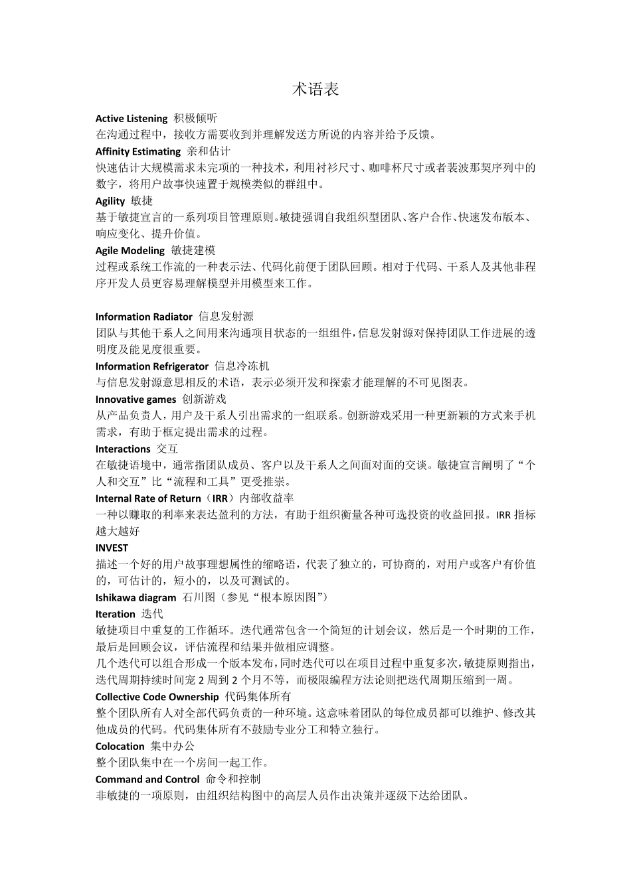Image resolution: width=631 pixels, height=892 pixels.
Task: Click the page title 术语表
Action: click(315, 90)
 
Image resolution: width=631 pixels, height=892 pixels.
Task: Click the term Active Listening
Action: click(132, 119)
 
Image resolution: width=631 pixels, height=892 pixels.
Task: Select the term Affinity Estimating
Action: click(138, 151)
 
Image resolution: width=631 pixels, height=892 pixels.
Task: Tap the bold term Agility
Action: click(110, 201)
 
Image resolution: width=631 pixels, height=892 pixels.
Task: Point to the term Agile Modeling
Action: click(130, 251)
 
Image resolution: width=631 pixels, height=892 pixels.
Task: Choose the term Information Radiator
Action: click(144, 317)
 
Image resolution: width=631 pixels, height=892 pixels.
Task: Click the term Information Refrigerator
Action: click(152, 366)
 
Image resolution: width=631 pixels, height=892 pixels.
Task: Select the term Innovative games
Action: click(136, 400)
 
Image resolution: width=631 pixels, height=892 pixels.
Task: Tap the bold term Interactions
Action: click(123, 449)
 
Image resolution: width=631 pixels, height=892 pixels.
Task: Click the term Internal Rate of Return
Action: click(148, 498)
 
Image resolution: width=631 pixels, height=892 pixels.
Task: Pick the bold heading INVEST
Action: click(112, 548)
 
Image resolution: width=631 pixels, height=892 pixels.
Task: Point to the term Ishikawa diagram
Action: click(135, 597)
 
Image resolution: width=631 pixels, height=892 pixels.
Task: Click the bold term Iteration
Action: click(116, 614)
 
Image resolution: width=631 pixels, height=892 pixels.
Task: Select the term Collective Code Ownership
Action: click(157, 697)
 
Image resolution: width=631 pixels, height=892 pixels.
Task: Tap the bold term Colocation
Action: click(120, 747)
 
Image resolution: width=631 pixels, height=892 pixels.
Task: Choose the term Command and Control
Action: click(147, 779)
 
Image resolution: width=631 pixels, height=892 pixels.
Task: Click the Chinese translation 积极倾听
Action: click(195, 119)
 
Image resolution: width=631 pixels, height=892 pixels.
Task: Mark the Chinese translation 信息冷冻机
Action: click(242, 366)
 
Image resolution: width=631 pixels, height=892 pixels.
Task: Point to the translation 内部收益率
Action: click(267, 498)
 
